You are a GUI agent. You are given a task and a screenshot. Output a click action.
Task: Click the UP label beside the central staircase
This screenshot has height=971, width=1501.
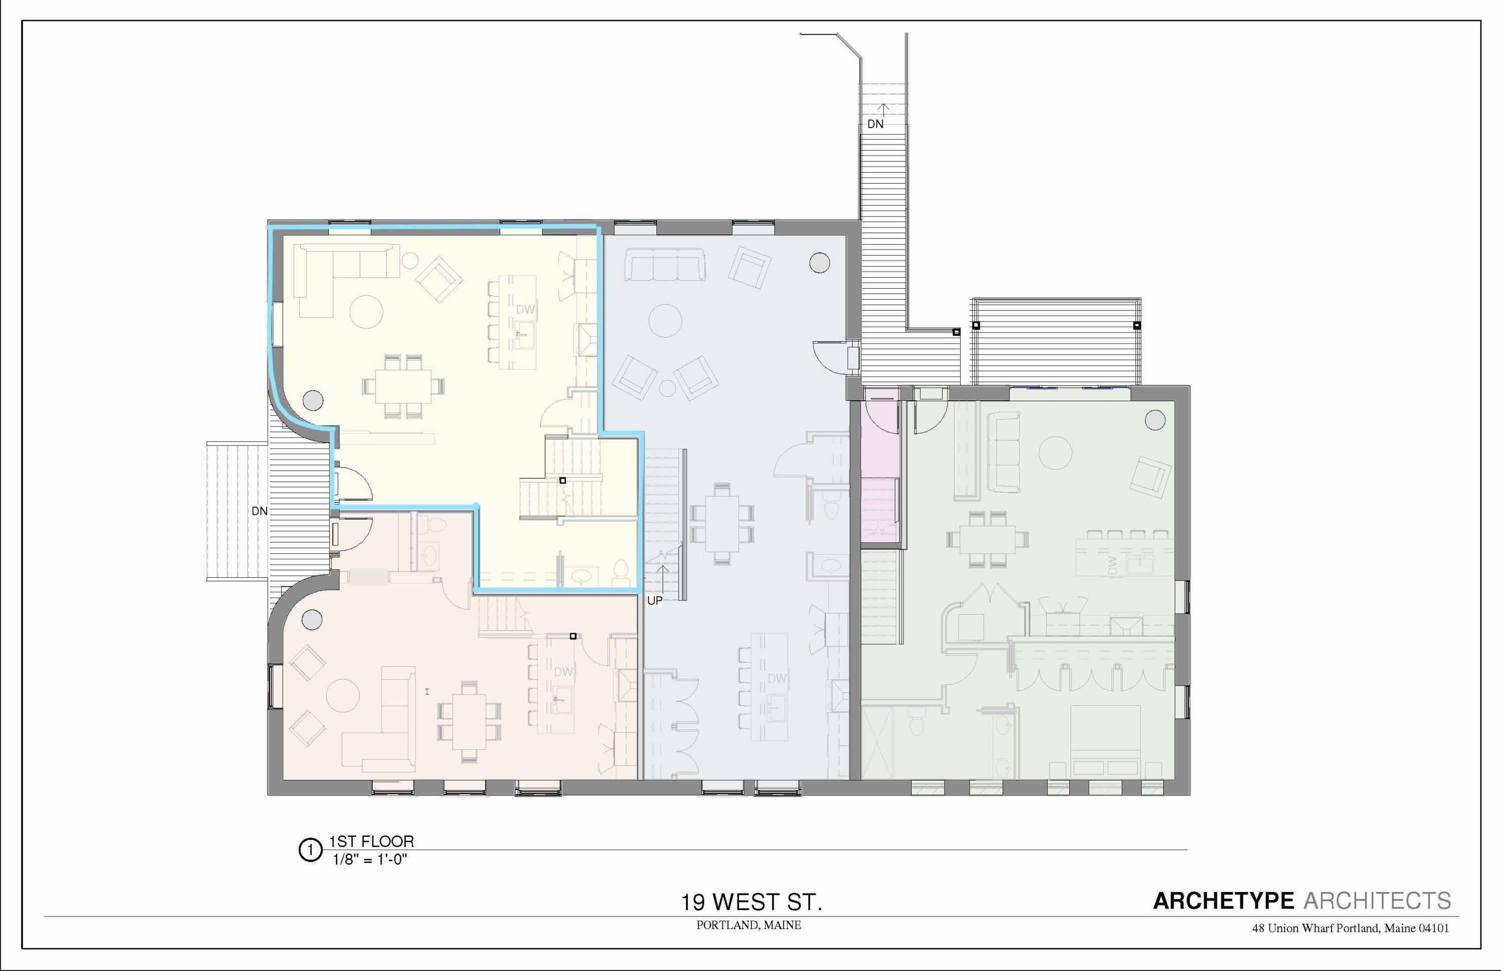[654, 600]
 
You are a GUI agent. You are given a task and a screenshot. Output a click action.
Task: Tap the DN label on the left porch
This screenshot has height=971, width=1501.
[259, 511]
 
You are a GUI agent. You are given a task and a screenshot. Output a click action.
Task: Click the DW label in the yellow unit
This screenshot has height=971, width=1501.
[525, 310]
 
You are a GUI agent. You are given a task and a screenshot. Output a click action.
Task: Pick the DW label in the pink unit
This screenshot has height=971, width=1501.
[563, 672]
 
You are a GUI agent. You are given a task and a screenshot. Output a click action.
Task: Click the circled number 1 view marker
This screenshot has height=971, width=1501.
[310, 850]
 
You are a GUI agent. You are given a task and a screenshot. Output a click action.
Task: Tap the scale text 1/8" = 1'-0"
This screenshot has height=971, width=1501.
[370, 859]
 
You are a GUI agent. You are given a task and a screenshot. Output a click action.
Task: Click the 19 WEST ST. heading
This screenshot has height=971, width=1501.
[750, 902]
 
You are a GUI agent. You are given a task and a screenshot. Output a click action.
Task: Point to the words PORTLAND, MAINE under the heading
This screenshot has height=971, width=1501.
[748, 925]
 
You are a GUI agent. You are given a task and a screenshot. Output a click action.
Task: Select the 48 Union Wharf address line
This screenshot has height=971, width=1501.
[1349, 928]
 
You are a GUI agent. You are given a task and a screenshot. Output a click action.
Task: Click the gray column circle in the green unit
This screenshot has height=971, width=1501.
[1155, 420]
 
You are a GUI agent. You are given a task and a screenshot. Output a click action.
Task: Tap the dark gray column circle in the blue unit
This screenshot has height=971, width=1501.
[819, 262]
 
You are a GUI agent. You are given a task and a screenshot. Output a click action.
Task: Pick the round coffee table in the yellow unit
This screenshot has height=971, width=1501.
[366, 312]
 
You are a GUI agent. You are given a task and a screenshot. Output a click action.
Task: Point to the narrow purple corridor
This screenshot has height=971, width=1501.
[881, 467]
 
